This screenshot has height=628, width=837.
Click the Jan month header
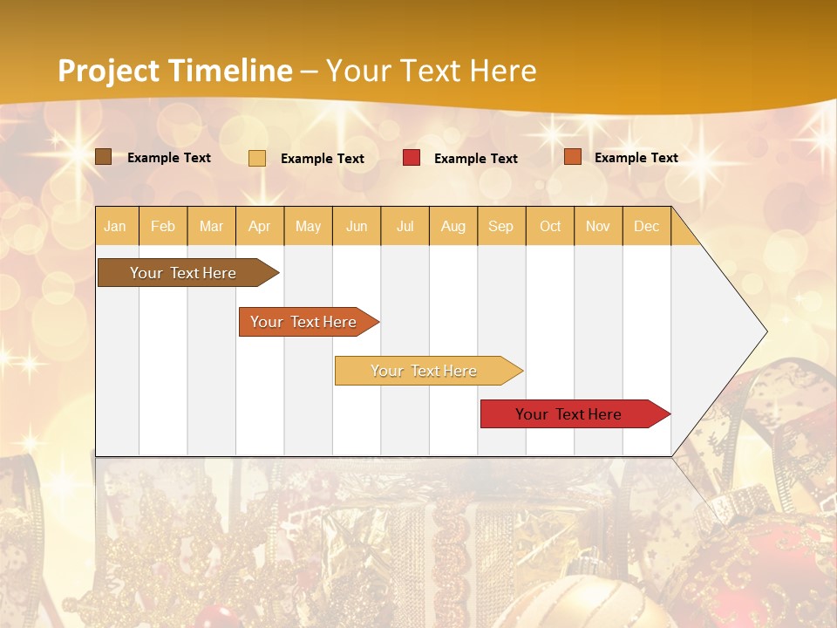[x=115, y=226]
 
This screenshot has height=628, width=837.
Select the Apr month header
[x=260, y=226]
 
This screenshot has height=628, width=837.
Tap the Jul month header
[x=405, y=226]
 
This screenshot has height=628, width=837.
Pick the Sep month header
[x=500, y=226]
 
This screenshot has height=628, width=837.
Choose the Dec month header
[x=646, y=226]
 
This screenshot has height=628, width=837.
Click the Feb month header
[x=163, y=226]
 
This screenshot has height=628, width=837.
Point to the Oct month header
[x=550, y=226]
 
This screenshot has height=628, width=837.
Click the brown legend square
[x=104, y=157]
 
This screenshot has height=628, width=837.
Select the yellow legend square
[x=257, y=158]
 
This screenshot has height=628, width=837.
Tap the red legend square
[x=412, y=158]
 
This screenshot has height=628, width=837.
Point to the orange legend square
[x=573, y=157]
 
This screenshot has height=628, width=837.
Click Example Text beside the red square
[x=475, y=159]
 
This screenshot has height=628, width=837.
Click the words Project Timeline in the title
[x=175, y=71]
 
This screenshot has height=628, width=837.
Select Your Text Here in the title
[x=431, y=71]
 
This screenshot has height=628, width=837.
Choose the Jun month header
[x=357, y=226]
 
